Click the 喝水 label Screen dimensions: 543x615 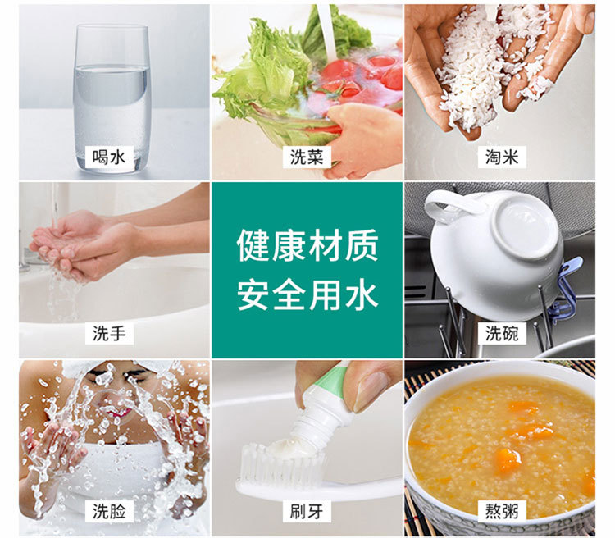111,156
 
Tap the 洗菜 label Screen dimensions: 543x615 307,156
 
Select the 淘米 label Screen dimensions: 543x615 501,156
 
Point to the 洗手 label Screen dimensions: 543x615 111,333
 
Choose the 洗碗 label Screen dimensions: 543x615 501,333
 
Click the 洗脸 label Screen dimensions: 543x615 111,511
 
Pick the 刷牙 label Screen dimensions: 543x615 307,511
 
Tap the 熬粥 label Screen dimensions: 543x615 501,511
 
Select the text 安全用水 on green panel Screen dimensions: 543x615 307,294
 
